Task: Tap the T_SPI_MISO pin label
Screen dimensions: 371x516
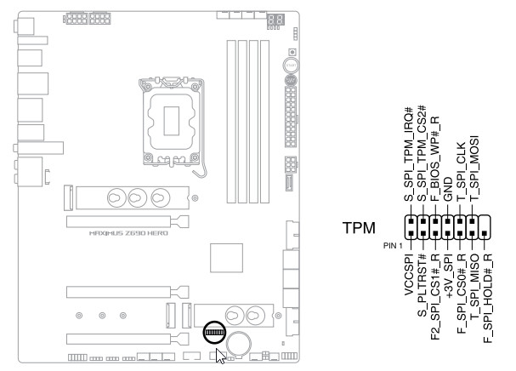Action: tap(473, 286)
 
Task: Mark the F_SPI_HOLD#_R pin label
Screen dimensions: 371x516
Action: tap(486, 294)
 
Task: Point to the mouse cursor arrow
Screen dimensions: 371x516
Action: tap(221, 355)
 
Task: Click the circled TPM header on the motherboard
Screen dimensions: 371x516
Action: tap(216, 331)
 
